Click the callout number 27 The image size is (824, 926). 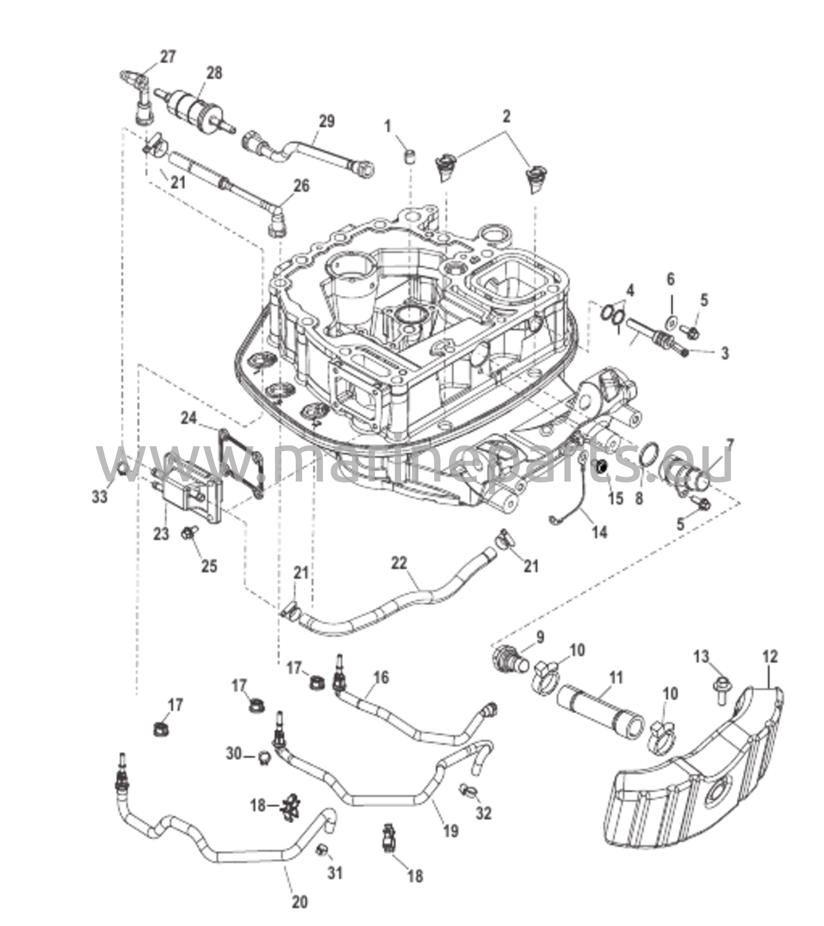click(167, 57)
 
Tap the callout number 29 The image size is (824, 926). click(327, 121)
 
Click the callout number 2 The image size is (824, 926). click(507, 117)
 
